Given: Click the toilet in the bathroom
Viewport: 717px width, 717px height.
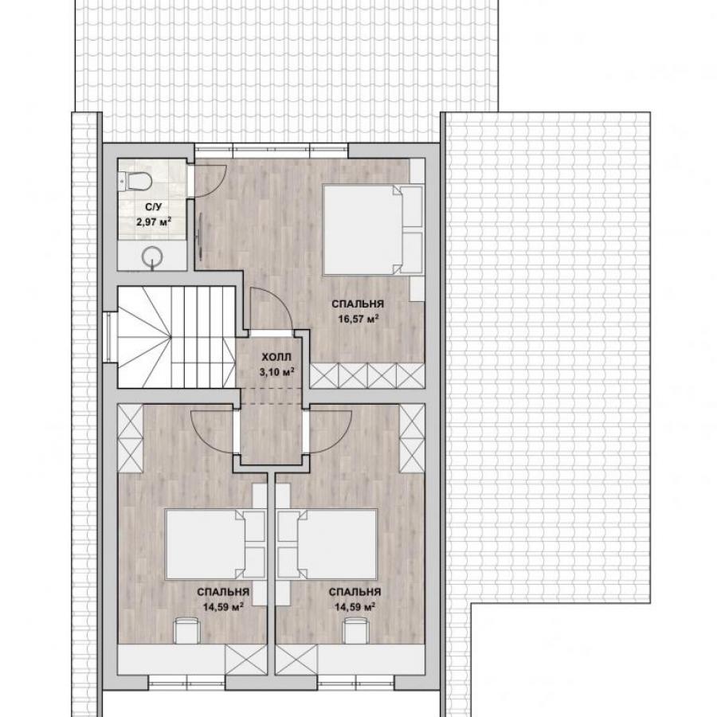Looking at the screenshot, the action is [135, 182].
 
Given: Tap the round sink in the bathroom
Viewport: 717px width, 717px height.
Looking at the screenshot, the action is [151, 258].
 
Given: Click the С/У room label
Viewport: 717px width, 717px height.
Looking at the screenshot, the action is [153, 207].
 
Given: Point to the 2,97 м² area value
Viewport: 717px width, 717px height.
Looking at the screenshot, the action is [153, 222].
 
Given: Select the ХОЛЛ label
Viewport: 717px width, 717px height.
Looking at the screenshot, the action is [276, 357].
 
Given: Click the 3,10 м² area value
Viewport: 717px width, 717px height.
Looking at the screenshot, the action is [276, 372].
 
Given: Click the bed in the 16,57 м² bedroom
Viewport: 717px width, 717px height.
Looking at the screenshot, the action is [372, 229].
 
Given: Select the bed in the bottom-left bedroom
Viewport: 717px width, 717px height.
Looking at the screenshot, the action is [215, 544].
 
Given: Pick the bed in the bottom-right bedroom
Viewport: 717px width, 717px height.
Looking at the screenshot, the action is [327, 544].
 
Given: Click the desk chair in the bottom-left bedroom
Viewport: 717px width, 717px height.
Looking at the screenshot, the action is [187, 630].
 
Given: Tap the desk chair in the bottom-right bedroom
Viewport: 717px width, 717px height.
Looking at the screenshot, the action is [357, 630].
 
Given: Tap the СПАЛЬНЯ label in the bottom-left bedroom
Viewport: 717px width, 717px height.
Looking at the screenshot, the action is [223, 592].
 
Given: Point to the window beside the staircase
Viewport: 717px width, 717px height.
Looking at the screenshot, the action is [107, 337].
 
